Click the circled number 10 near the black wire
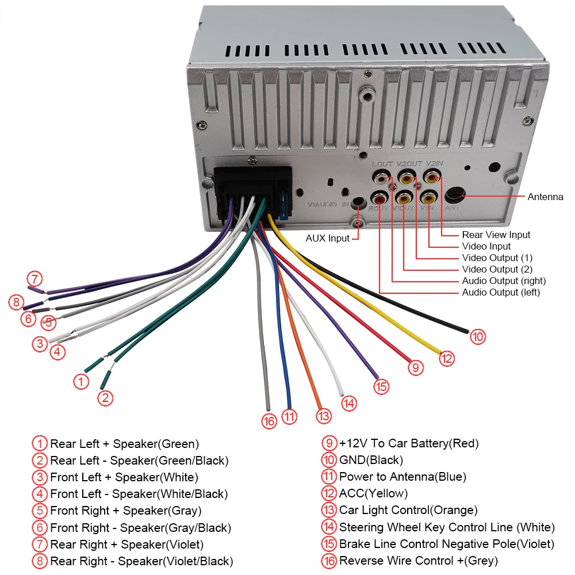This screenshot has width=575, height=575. pos(478,336)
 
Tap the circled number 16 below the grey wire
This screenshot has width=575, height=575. pos(269,421)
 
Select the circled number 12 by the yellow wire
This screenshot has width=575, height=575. pos(447,358)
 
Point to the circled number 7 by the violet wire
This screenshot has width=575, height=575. pos(36,279)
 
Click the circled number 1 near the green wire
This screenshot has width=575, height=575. pos(82,381)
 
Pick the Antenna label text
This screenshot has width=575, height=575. pos(545,197)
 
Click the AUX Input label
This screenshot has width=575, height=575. pos(327,238)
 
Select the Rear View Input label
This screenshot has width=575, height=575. pos(496,235)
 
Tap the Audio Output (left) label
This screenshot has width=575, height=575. pos(501,293)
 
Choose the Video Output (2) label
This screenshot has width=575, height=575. pos(497,269)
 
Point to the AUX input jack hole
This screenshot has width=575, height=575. pos(359,202)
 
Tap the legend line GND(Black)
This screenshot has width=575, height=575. pos(371,460)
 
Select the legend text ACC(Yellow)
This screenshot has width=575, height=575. pos(373,493)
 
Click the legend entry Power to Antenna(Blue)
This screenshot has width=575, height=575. pos(402,477)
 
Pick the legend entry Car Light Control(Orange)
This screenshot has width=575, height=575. pos(408,510)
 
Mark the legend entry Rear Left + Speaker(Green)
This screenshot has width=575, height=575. pos(124,443)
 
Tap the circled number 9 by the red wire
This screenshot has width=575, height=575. pos(415,367)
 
